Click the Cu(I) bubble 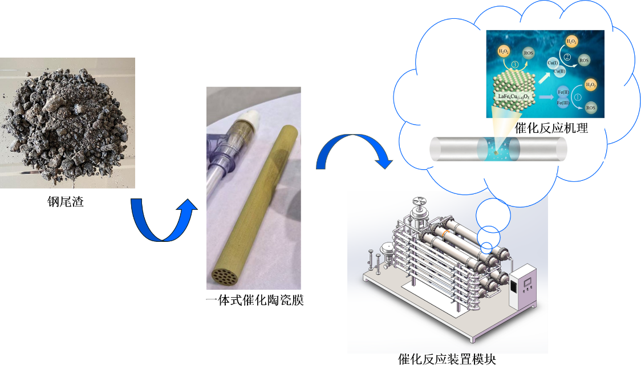coord(552,62)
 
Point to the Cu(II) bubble coord(559,71)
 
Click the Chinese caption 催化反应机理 coord(551,128)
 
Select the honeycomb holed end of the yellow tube coord(224,276)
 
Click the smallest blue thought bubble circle coord(485,248)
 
